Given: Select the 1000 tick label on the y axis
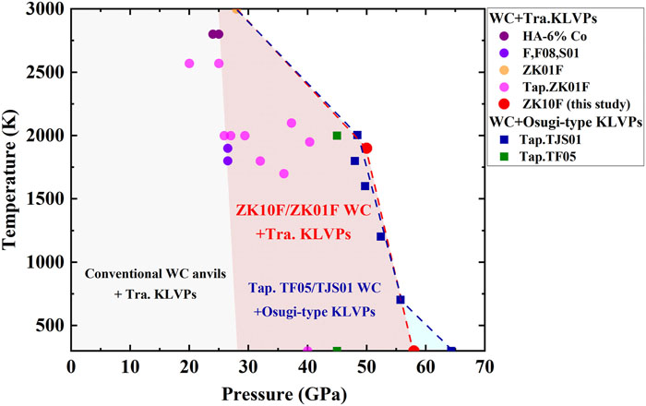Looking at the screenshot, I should tap(46, 262).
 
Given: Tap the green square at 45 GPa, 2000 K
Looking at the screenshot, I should tap(337, 136).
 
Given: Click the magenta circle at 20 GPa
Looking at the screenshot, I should tap(189, 64).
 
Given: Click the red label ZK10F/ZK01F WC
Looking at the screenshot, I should tap(305, 211).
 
